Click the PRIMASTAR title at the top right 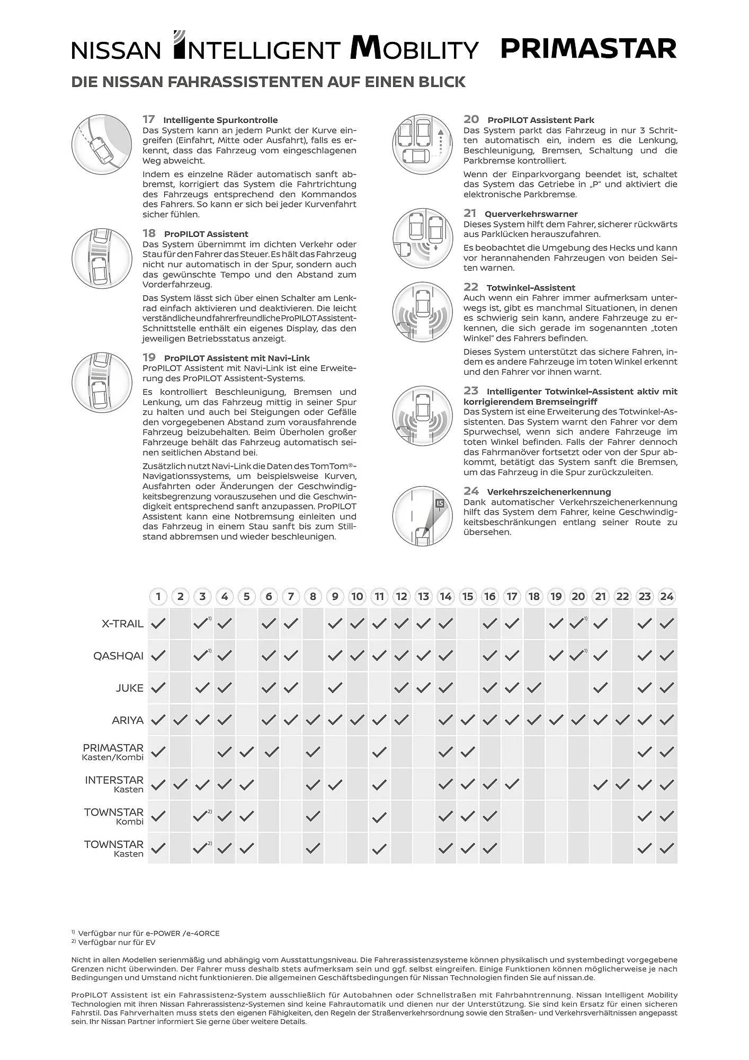click(x=588, y=49)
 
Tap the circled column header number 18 click(x=534, y=596)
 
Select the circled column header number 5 click(x=246, y=596)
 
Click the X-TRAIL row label click(x=122, y=624)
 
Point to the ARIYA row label click(x=128, y=720)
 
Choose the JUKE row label click(x=130, y=688)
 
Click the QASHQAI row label click(x=118, y=656)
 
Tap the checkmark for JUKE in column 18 click(x=534, y=688)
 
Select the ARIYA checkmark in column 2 click(x=181, y=720)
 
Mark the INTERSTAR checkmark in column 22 click(x=622, y=784)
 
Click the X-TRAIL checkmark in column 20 click(x=577, y=624)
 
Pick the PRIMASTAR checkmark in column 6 click(x=271, y=752)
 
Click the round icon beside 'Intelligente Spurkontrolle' click(x=102, y=144)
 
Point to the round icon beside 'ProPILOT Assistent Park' click(x=423, y=144)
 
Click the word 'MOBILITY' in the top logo click(x=414, y=49)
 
